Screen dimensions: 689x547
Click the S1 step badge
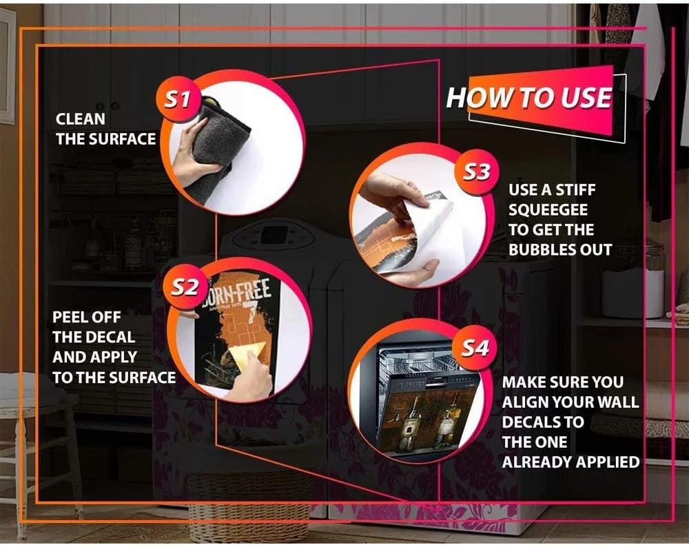(x=178, y=100)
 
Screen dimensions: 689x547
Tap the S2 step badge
(x=184, y=287)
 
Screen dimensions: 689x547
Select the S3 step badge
(x=477, y=171)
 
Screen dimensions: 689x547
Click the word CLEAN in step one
(x=81, y=118)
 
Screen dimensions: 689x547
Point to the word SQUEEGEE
(x=548, y=209)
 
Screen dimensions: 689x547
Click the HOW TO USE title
(x=529, y=98)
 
